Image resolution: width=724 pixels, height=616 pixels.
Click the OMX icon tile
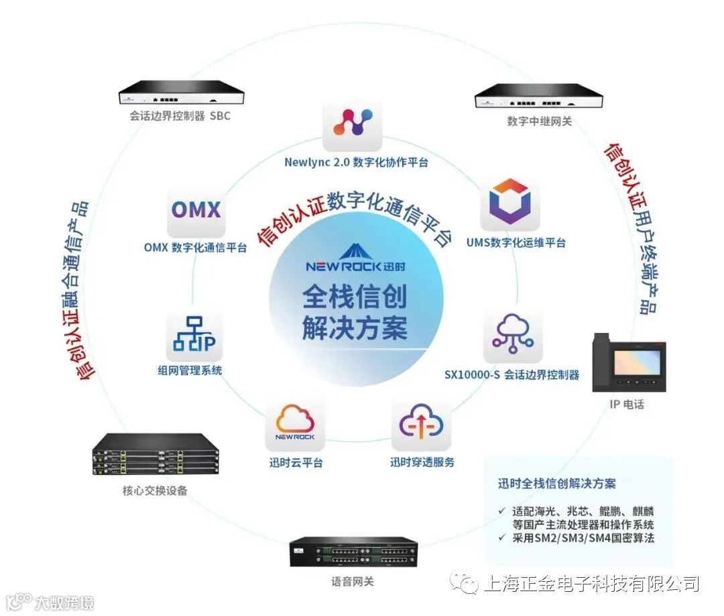pos(195,210)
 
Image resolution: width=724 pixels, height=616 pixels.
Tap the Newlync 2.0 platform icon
pos(352,123)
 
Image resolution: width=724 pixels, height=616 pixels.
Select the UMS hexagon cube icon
pos(510,201)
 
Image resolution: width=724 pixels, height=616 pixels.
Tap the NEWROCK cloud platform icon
pos(295,425)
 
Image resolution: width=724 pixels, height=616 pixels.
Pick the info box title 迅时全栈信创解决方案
pos(556,483)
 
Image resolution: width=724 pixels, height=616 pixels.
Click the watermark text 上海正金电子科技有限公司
pos(591,583)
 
